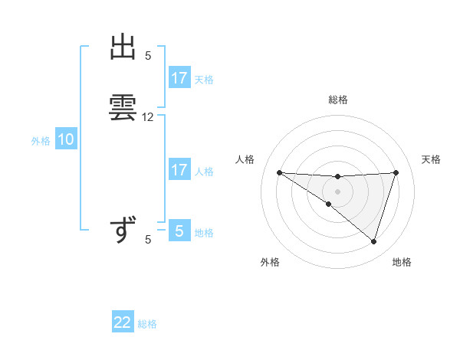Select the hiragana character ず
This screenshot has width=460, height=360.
(123, 230)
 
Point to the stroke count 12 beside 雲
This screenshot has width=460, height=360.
(148, 117)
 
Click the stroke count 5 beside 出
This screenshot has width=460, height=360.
(148, 55)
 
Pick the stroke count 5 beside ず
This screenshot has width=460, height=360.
(148, 240)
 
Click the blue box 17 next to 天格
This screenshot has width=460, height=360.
(179, 78)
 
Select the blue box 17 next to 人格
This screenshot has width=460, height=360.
(179, 170)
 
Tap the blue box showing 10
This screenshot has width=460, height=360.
(66, 139)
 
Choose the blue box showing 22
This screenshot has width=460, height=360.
(123, 322)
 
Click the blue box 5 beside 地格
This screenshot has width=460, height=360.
(179, 231)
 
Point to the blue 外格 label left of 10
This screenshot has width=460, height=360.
(41, 141)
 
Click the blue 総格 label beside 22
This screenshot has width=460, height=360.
(147, 324)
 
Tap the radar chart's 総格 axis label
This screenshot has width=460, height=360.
(337, 100)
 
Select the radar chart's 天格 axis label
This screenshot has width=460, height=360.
(432, 159)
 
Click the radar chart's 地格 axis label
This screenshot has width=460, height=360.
(402, 262)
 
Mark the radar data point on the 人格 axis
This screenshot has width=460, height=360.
(279, 172)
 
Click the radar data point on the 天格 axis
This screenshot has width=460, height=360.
(396, 172)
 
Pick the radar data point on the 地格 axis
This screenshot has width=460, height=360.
(373, 241)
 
